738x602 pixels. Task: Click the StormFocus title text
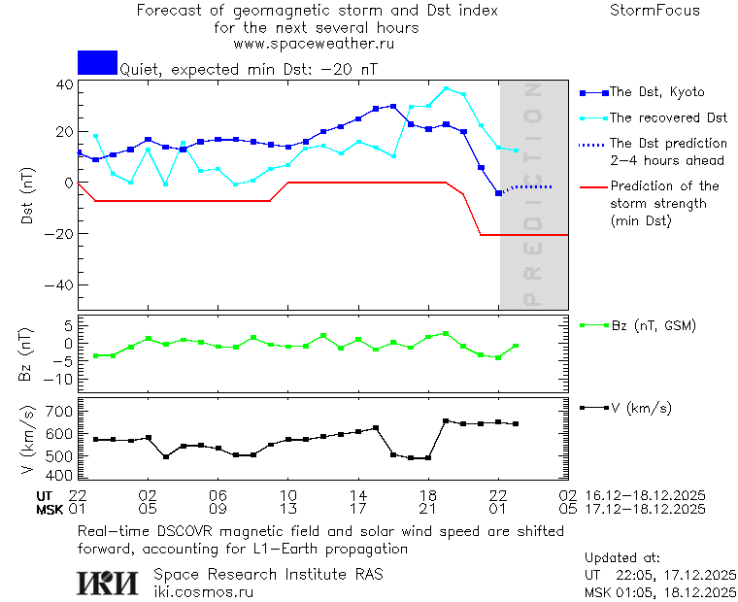pyautogui.click(x=654, y=11)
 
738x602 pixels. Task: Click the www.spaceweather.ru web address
pyautogui.click(x=314, y=44)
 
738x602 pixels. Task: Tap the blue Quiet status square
pyautogui.click(x=97, y=63)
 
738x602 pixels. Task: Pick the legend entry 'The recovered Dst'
pyautogui.click(x=668, y=117)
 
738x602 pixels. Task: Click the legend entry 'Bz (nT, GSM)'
pyautogui.click(x=652, y=325)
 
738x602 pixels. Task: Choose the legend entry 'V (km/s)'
pyautogui.click(x=640, y=408)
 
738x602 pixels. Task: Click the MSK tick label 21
pyautogui.click(x=428, y=508)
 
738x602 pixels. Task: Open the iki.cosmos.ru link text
pyautogui.click(x=203, y=591)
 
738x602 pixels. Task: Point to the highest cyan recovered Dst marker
pyautogui.click(x=446, y=88)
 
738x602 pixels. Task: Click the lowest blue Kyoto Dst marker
pyautogui.click(x=499, y=193)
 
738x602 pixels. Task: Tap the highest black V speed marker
pyautogui.click(x=446, y=420)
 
